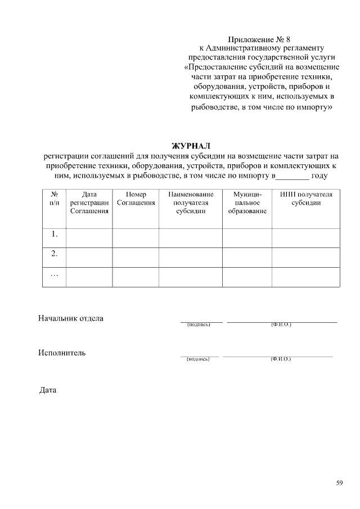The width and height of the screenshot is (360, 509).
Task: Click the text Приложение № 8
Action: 259,40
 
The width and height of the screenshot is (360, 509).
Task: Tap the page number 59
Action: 339,483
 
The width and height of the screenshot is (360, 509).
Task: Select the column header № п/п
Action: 55,199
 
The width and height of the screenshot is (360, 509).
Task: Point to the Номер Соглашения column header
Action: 136,199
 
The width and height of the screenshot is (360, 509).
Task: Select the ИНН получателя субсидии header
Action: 306,199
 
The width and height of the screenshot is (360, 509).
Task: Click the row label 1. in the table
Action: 55,234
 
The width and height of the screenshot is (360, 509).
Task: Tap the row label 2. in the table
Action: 55,254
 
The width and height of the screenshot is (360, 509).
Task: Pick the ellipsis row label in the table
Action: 55,275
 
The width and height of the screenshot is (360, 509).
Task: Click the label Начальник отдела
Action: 71,318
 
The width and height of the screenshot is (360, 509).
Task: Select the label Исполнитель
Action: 62,353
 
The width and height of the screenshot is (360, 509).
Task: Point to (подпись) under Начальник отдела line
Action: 198,325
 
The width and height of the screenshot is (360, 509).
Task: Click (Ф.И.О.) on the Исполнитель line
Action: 280,359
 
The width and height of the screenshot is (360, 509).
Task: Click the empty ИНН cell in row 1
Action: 306,238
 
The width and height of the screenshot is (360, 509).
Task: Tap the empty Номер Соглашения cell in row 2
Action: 136,257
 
